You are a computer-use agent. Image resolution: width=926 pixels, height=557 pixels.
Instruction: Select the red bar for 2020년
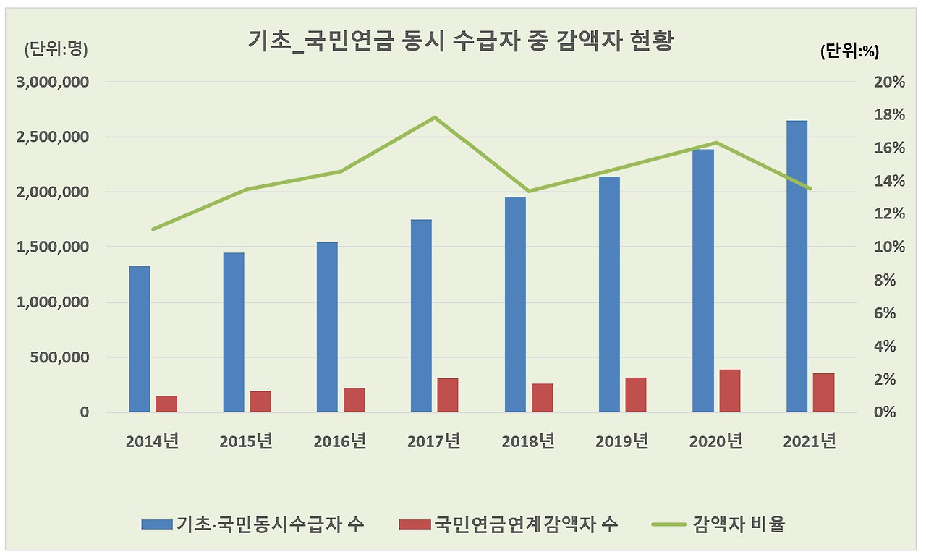[x=729, y=391]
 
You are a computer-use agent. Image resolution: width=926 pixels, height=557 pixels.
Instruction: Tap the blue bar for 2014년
[x=140, y=339]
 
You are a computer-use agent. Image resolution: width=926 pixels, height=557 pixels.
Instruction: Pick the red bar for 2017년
[x=448, y=395]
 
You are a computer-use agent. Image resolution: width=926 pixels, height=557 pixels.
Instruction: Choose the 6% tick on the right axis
[x=893, y=313]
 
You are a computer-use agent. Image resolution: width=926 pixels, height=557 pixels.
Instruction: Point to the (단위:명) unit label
[x=56, y=49]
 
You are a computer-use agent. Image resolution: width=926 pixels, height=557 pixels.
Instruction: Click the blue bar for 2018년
[x=515, y=305]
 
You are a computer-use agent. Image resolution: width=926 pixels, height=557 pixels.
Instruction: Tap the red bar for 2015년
[x=260, y=401]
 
